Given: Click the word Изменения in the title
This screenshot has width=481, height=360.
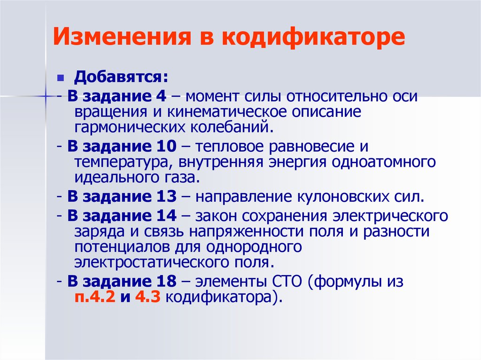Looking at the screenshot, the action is (122, 37).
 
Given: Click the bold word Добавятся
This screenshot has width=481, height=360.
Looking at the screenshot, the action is (121, 77).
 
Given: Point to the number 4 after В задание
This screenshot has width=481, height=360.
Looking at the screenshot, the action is (161, 96).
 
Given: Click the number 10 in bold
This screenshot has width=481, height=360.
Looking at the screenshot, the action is (166, 146).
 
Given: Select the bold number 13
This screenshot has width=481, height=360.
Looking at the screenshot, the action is (166, 197).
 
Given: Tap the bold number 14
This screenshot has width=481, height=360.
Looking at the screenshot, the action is (166, 216).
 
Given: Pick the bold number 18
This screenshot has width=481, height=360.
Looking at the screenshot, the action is (166, 282).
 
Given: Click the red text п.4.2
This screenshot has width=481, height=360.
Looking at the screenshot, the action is (95, 298).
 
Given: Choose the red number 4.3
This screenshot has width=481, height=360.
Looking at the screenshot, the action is (147, 297).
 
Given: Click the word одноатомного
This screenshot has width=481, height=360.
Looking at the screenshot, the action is (383, 162).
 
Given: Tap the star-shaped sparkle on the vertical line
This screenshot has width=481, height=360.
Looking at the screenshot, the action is (46, 96).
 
